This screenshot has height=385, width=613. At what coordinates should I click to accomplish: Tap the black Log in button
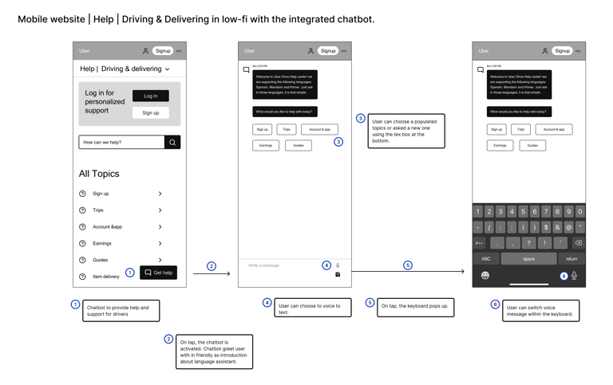150,96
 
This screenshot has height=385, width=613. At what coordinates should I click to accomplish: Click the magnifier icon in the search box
172,143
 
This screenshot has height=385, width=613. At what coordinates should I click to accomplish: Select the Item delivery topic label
106,277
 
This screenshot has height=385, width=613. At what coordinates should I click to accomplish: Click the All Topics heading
99,174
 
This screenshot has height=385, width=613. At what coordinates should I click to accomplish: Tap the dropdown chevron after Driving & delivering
168,69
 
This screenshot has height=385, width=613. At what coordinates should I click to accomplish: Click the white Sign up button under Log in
150,113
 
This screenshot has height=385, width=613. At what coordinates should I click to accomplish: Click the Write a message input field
279,265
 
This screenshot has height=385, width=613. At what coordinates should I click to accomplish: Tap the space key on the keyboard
528,258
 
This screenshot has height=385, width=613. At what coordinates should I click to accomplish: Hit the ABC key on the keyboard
486,258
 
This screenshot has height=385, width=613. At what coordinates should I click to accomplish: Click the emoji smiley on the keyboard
484,276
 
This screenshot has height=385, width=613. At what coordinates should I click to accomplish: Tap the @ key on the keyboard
568,227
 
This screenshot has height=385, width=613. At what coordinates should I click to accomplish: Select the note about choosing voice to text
313,307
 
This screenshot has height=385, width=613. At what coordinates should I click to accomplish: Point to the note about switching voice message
540,311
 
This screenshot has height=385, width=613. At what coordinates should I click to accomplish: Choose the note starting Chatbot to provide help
121,310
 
